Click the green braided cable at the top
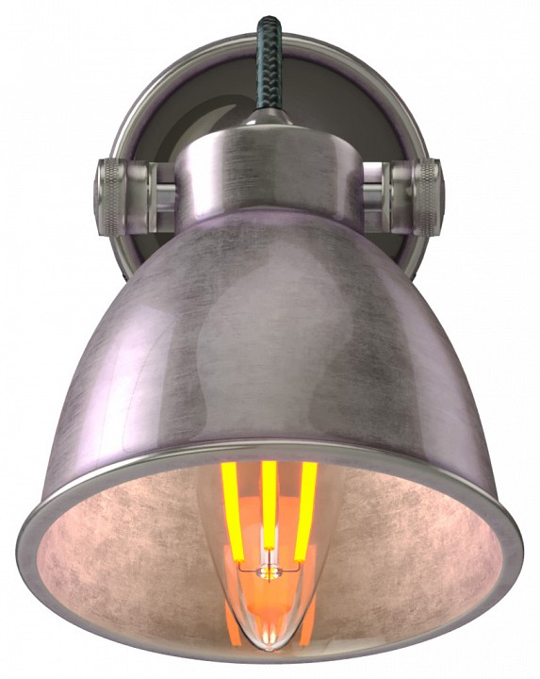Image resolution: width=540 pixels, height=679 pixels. pyautogui.click(x=270, y=57)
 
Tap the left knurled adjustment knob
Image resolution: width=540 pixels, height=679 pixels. pyautogui.click(x=109, y=195)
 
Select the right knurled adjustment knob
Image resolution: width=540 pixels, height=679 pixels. pyautogui.click(x=428, y=195)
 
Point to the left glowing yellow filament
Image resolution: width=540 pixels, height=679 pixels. pyautogui.click(x=232, y=500)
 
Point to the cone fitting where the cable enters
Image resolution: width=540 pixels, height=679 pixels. pyautogui.click(x=270, y=123)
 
